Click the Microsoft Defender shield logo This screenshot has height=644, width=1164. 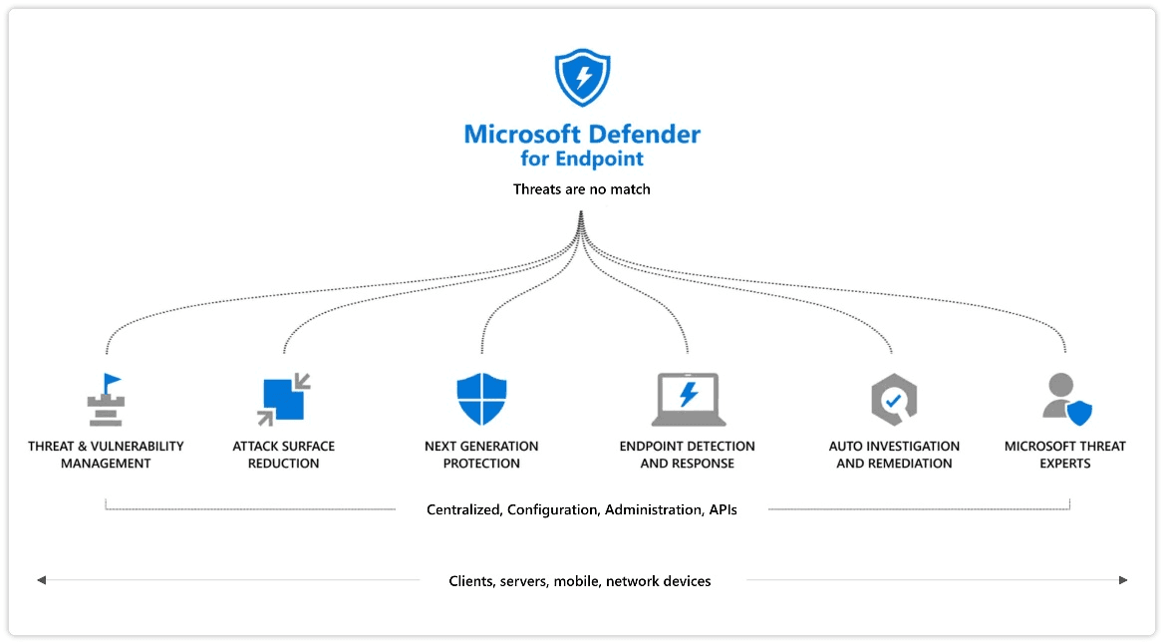583,77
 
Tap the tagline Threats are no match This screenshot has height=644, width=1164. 581,189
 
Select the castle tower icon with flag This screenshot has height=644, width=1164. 106,400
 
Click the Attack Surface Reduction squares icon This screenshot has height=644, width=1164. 284,400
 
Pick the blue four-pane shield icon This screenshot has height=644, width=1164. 481,399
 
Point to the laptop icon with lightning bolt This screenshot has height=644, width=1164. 689,400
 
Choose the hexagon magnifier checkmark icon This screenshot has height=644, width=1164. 894,400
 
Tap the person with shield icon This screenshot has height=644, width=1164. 1066,399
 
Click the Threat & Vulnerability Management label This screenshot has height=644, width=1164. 107,455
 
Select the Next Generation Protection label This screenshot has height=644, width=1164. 481,455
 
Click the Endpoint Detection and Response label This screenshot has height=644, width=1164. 687,455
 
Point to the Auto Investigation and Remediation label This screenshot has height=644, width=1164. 894,455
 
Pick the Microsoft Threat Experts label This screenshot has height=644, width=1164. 1064,455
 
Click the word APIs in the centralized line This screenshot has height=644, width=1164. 723,509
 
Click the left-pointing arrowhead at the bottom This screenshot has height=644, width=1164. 42,580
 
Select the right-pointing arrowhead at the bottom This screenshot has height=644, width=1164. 1123,580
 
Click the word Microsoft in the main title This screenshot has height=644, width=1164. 522,135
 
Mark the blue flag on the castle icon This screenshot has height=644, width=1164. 112,382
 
